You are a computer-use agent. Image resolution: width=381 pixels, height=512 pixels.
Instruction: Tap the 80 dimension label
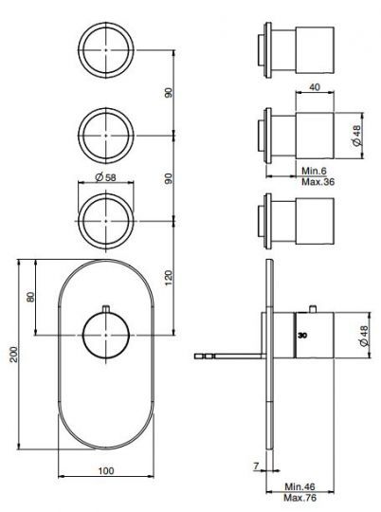pyautogui.click(x=31, y=295)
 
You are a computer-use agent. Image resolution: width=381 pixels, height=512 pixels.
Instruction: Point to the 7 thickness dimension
pyautogui.click(x=257, y=465)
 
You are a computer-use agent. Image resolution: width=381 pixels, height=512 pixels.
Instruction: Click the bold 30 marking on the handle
pyautogui.click(x=302, y=336)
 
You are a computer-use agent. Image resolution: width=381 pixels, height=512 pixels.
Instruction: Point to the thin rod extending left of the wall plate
pyautogui.click(x=227, y=357)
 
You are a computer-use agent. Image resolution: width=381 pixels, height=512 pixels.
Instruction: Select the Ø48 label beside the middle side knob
pyautogui.click(x=356, y=137)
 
